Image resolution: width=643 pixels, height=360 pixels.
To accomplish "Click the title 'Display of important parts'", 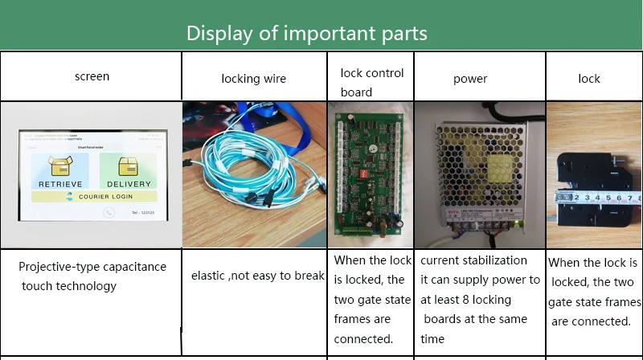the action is pyautogui.click(x=306, y=33).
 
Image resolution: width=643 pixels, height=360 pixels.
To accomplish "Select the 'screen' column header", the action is pyautogui.click(x=92, y=76).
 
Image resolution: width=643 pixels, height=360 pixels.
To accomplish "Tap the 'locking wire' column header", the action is pyautogui.click(x=253, y=78).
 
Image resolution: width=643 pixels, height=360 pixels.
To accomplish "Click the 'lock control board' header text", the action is pyautogui.click(x=371, y=82).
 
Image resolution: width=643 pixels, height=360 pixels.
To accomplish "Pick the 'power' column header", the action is pyautogui.click(x=470, y=79).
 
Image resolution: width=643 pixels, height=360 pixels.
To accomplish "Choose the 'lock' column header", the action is pyautogui.click(x=589, y=78).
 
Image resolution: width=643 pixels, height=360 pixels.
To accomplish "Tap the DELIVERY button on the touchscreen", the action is pyautogui.click(x=129, y=171).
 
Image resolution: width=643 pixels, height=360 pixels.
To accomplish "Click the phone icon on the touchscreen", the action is pyautogui.click(x=109, y=213).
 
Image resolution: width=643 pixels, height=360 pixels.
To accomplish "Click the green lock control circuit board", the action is pyautogui.click(x=370, y=173).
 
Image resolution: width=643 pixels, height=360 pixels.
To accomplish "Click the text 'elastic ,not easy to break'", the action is pyautogui.click(x=257, y=276).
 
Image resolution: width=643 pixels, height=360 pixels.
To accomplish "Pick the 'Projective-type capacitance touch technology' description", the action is pyautogui.click(x=92, y=276).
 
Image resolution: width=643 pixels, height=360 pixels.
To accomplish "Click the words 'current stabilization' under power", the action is pyautogui.click(x=473, y=260).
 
